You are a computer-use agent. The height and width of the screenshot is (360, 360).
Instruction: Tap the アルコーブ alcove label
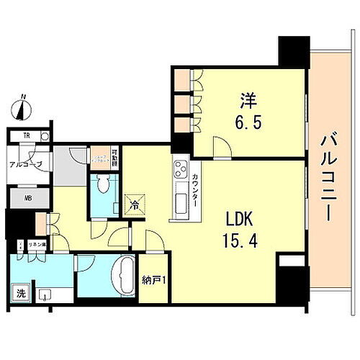pyautogui.click(x=26, y=165)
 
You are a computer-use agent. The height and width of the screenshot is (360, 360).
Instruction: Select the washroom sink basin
pyautogui.click(x=45, y=294)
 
